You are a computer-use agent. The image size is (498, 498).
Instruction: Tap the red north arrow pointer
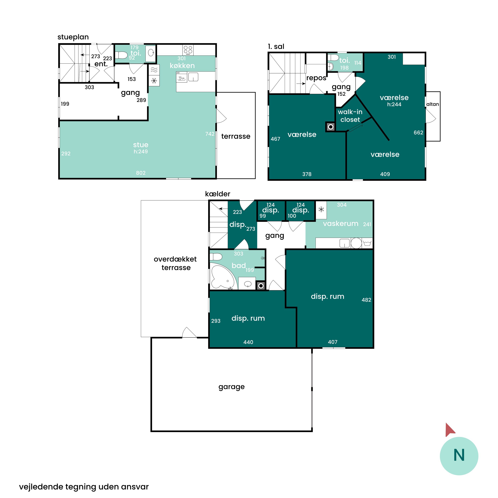click(x=450, y=430)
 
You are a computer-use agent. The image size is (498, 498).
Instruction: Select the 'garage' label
click(x=231, y=387)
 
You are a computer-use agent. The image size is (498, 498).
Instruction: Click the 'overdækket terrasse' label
click(x=175, y=263)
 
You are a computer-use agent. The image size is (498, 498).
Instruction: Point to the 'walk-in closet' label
click(x=350, y=116)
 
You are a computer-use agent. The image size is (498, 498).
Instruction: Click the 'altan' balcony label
click(x=433, y=104)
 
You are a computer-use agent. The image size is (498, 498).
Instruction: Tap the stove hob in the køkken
click(x=188, y=50)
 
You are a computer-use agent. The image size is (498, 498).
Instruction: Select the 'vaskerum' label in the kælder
click(x=340, y=223)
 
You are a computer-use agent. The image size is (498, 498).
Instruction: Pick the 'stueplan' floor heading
click(x=73, y=37)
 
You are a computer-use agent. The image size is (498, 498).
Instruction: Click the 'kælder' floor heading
click(x=218, y=194)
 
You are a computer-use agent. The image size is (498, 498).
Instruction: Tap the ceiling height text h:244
click(x=394, y=104)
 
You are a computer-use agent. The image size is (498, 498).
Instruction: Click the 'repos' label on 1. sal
click(x=316, y=78)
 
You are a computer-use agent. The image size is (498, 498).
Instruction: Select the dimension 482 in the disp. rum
click(x=366, y=300)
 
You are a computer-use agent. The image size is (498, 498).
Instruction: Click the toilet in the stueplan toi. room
click(x=121, y=55)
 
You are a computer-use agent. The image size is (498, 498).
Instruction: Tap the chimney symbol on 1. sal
click(x=331, y=127)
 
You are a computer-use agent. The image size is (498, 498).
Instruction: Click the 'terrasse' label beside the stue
click(x=236, y=136)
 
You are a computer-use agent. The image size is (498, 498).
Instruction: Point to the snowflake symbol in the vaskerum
click(x=321, y=209)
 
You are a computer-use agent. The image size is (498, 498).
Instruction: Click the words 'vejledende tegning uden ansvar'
click(x=84, y=487)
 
